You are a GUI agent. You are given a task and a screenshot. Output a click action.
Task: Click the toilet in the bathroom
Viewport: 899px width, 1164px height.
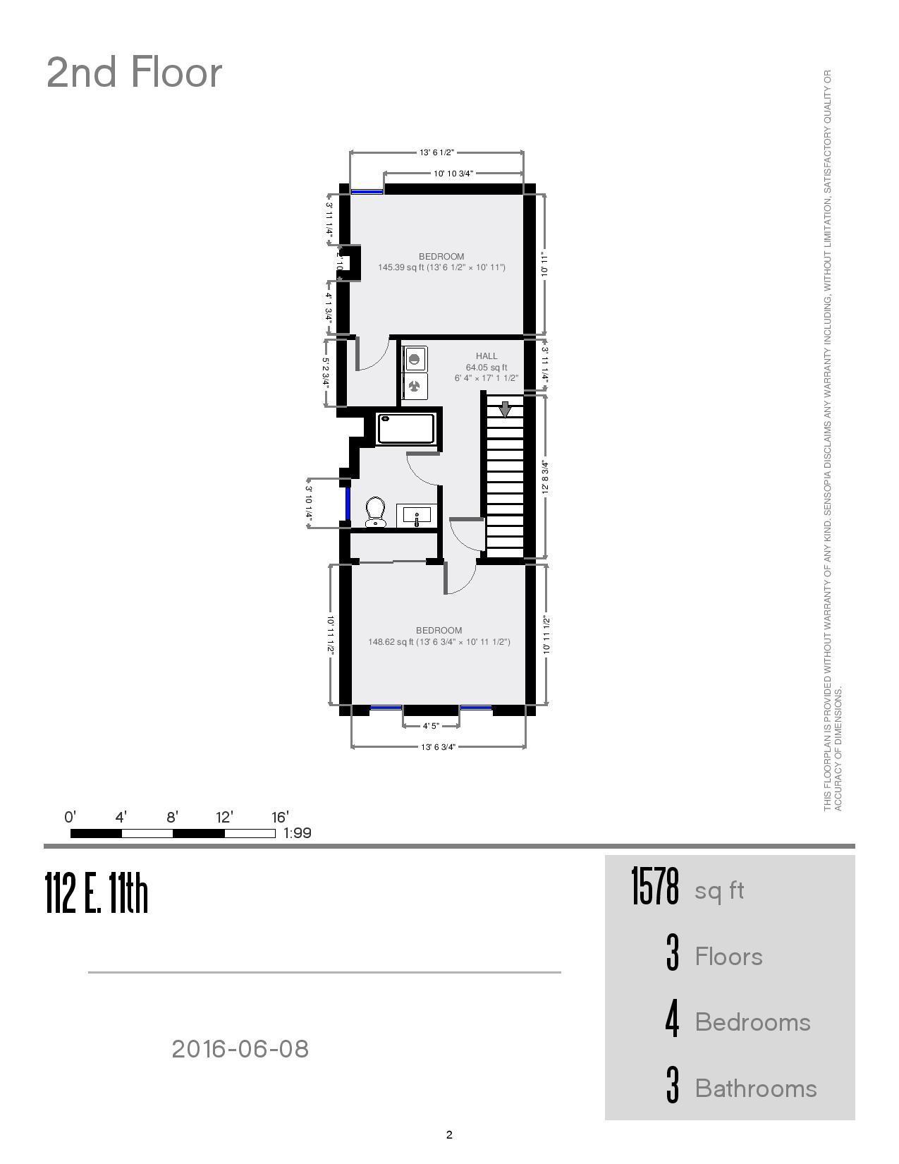(x=375, y=512)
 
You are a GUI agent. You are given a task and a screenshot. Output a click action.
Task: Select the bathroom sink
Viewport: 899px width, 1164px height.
(x=417, y=516)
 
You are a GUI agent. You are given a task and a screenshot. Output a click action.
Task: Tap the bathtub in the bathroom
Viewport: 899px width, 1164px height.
(x=406, y=429)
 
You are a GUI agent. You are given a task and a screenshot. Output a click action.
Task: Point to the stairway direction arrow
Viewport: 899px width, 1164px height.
(x=505, y=409)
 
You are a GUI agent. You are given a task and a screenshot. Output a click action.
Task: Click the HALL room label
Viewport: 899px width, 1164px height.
(x=487, y=356)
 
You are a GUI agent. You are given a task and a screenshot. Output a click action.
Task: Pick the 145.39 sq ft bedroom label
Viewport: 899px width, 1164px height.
(x=441, y=262)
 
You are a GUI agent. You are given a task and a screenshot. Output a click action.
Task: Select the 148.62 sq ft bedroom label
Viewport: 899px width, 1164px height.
(x=439, y=636)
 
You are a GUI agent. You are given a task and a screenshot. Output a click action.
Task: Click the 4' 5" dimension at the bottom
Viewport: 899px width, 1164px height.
(x=431, y=725)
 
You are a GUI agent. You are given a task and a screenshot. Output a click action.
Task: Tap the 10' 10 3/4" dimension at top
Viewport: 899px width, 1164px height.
(x=453, y=174)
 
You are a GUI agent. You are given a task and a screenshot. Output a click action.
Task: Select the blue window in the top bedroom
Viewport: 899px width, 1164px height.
(x=367, y=190)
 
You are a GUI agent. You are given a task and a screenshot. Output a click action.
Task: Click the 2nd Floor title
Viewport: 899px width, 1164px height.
(x=134, y=73)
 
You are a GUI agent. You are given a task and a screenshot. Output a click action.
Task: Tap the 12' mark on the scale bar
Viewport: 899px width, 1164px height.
(x=224, y=818)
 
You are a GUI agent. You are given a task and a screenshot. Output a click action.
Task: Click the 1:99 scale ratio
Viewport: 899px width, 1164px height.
(x=297, y=833)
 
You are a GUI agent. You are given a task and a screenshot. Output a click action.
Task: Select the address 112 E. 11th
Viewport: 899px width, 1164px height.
(x=97, y=893)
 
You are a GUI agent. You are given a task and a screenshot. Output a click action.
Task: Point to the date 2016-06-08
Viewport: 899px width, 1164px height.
(x=240, y=1049)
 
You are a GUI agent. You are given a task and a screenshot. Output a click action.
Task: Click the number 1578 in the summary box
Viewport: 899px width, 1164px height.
(x=654, y=887)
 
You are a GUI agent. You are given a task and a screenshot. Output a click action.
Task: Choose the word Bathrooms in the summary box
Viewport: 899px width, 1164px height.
(x=755, y=1089)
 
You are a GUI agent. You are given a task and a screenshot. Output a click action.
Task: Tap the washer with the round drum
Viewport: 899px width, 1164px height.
(x=415, y=359)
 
